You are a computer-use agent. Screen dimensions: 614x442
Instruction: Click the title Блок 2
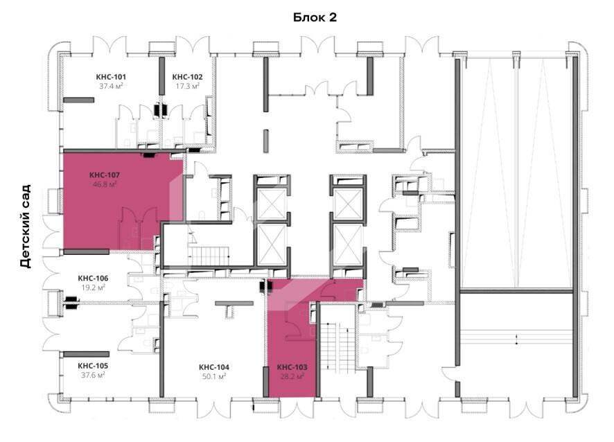coord(315,17)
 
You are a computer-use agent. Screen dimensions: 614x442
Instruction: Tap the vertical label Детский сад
coord(26,227)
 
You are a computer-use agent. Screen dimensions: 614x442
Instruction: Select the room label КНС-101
coord(111,77)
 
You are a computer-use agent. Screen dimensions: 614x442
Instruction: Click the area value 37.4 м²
coord(111,86)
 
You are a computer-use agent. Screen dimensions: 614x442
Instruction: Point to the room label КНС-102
coord(188,77)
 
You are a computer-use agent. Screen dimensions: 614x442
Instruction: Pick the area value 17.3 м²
coord(188,86)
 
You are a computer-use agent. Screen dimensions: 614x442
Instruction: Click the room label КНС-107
coord(105,175)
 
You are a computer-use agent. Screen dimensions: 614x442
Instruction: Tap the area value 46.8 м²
coord(105,184)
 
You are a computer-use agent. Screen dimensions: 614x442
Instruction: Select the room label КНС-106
coord(93,279)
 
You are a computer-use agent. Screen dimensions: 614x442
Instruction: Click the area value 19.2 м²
coord(93,288)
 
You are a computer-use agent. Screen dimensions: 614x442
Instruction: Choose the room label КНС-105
coord(93,366)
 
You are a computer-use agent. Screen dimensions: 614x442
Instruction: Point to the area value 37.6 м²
coord(93,375)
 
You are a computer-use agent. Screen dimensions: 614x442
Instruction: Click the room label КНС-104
coord(214,367)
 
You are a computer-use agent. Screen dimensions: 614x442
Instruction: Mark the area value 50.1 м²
coord(214,377)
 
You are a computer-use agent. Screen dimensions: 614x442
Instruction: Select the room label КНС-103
coord(292,367)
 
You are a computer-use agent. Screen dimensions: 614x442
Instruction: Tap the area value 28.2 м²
coord(292,377)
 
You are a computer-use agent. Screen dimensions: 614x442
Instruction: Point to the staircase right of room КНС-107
coord(209,256)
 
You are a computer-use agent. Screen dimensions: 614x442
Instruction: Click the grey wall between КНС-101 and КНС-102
coord(161,76)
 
